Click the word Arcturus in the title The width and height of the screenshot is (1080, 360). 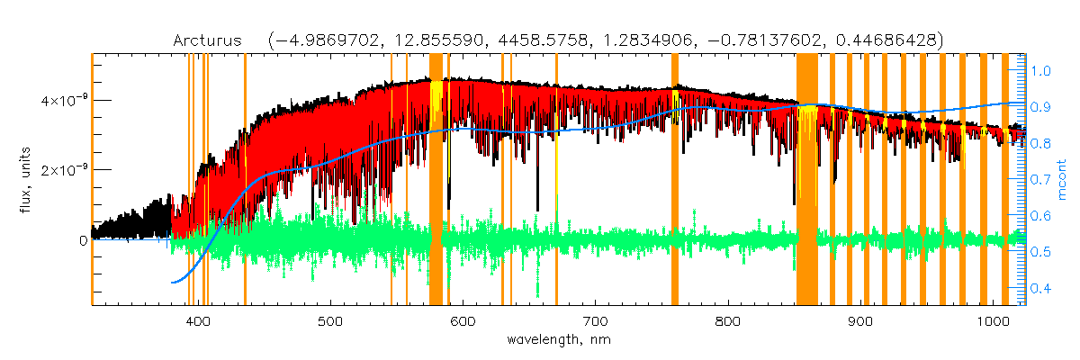(x=211, y=40)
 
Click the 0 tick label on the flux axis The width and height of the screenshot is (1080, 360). (x=82, y=240)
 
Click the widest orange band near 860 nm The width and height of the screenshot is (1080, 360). (x=806, y=180)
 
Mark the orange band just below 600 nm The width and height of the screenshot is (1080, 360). (x=436, y=180)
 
